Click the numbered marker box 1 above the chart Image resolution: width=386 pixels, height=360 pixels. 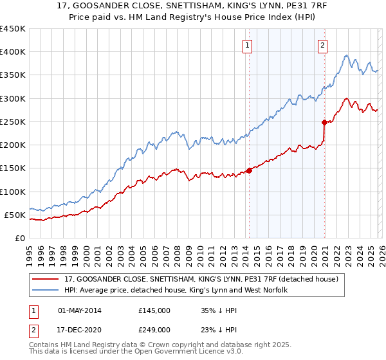(248, 45)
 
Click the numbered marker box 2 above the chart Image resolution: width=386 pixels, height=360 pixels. (322, 45)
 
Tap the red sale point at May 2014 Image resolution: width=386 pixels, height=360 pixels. (249, 170)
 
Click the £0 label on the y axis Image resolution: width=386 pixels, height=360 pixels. (19, 238)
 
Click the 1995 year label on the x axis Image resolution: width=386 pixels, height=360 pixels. (30, 253)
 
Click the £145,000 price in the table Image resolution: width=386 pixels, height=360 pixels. (154, 310)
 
